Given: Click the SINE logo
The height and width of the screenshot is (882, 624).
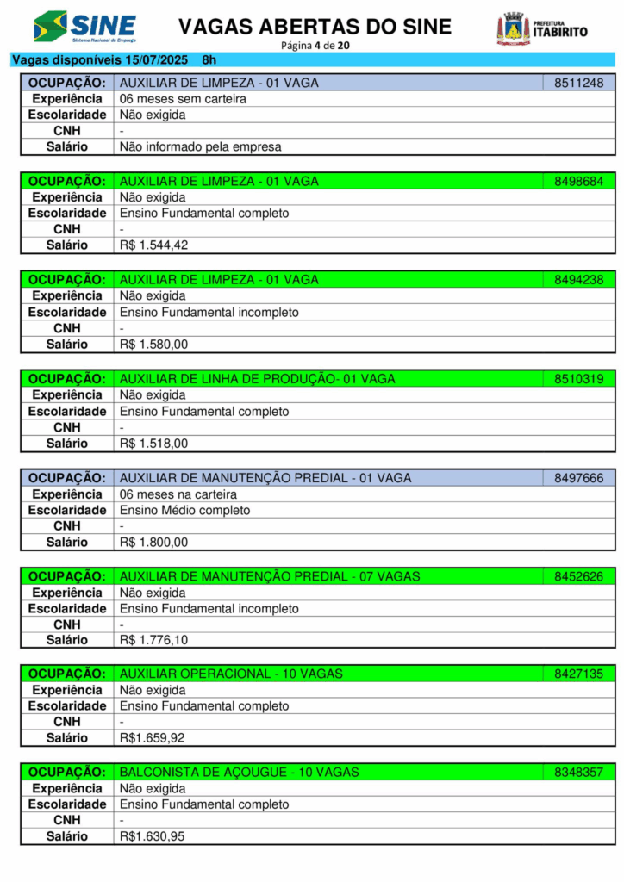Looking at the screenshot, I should [84, 27].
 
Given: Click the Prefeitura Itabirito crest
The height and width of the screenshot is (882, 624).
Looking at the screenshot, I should [514, 28].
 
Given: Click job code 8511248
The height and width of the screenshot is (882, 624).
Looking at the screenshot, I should [578, 84].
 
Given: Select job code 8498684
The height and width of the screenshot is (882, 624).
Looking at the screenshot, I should [578, 182].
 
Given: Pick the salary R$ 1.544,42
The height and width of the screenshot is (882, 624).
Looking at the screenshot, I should [153, 245].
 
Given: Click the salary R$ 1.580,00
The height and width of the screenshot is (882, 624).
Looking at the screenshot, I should [153, 345].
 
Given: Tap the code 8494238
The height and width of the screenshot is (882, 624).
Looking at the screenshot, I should [578, 280].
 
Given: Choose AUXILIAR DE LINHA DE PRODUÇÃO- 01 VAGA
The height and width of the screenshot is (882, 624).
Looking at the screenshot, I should [257, 379].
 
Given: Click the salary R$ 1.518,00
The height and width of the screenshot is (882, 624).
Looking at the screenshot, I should [153, 444].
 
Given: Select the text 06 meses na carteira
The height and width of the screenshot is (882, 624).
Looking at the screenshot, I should [178, 494].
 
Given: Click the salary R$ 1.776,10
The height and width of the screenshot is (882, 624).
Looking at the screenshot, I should [153, 640].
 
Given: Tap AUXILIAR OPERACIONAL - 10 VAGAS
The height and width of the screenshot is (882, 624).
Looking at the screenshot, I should [231, 674].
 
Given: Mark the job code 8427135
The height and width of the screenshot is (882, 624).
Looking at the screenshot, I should [578, 674].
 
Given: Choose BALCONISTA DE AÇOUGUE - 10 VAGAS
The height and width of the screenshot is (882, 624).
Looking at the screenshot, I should [239, 773].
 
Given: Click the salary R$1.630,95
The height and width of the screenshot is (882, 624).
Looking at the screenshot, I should [152, 836].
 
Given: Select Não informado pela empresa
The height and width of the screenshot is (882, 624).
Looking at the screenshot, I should [200, 147].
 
